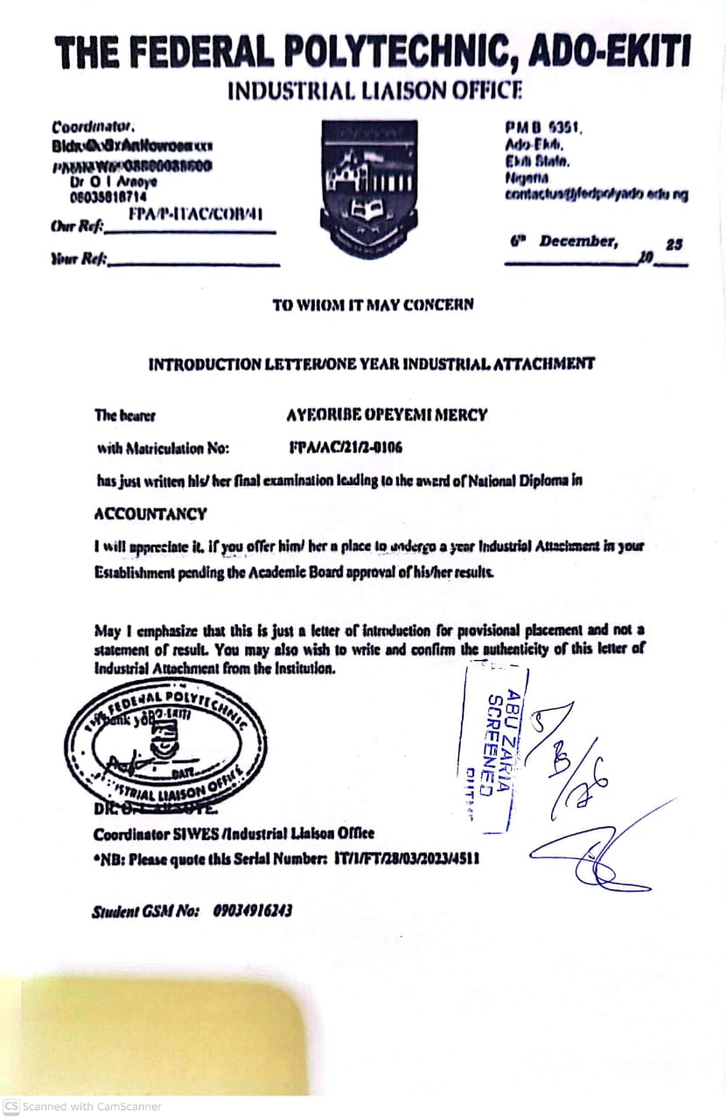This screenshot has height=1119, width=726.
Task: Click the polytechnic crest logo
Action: click(368, 189)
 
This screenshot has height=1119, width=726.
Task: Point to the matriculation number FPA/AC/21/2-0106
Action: click(346, 448)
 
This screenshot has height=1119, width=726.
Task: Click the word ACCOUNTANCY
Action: click(150, 514)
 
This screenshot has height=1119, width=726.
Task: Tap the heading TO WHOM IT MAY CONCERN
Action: click(373, 305)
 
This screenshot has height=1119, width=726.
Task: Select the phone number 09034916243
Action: click(253, 910)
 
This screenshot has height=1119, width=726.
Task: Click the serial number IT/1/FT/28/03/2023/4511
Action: click(407, 859)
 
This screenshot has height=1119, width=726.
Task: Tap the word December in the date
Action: click(577, 240)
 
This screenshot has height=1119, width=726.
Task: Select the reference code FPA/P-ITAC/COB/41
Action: click(195, 214)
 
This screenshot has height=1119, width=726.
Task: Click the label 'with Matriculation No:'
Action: click(163, 448)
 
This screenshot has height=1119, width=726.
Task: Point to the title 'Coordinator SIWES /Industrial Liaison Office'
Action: click(234, 833)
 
